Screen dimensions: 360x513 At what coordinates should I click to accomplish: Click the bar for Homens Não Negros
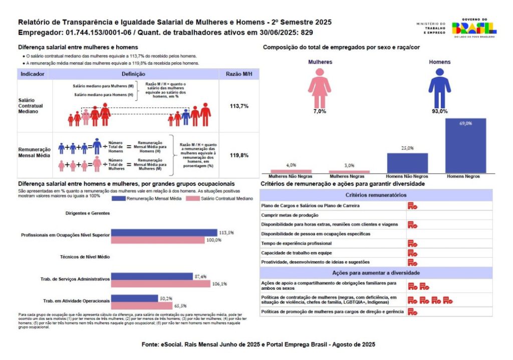point(407,162)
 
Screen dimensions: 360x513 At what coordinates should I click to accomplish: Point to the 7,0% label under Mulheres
point(319,111)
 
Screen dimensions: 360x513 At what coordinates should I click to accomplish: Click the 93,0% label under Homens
point(439,111)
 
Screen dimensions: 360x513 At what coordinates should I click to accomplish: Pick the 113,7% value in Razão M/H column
point(239,106)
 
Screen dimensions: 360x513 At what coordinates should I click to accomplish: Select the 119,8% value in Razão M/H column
point(239,155)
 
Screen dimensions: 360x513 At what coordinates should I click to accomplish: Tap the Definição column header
point(134,74)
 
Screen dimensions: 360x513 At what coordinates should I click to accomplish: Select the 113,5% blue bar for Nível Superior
point(164,233)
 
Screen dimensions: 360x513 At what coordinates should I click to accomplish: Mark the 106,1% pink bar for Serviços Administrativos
point(160,284)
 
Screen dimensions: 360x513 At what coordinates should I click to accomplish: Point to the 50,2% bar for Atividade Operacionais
point(134,298)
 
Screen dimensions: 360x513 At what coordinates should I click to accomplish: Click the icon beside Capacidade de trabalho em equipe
point(412,253)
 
